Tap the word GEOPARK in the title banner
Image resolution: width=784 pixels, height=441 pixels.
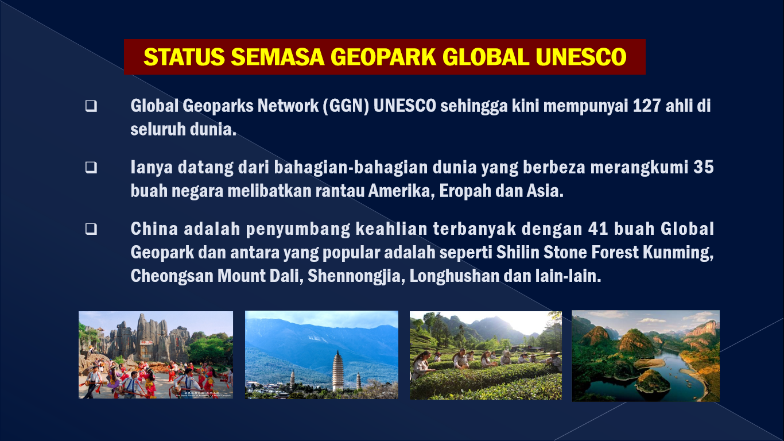coord(383,57)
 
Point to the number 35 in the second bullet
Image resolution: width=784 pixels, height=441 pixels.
coord(704,167)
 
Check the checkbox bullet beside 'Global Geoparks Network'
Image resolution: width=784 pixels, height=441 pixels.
coord(91,106)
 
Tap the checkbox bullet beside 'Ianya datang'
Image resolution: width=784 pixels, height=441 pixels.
coord(91,168)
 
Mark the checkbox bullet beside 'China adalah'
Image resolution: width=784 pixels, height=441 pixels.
coord(91,229)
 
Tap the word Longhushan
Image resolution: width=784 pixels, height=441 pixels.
coord(455,276)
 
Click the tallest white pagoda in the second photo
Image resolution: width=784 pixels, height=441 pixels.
coord(337,370)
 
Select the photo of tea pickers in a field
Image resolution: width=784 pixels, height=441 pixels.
coord(486,355)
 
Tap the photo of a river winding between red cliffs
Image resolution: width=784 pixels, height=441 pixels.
coord(646,356)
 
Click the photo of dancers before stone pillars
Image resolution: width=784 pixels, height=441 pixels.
coord(156,355)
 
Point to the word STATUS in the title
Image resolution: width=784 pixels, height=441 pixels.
coord(184,57)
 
